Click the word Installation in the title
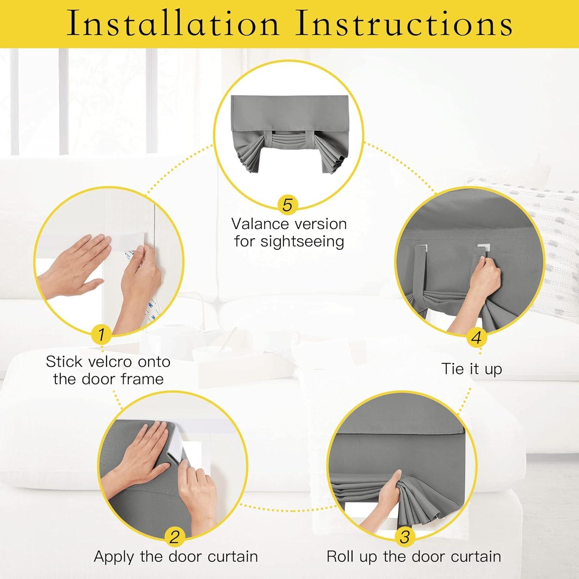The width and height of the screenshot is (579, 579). pyautogui.click(x=173, y=23)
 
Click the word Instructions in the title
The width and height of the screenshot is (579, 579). pyautogui.click(x=404, y=23)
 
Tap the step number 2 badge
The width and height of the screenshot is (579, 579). pyautogui.click(x=175, y=537)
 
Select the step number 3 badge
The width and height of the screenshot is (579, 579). pyautogui.click(x=405, y=537)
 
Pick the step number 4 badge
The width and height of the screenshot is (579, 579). pyautogui.click(x=476, y=338)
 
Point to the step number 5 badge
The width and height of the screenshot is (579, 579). pyautogui.click(x=288, y=205)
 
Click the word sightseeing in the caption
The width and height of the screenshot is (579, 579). pyautogui.click(x=302, y=242)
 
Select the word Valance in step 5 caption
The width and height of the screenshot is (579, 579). pyautogui.click(x=259, y=224)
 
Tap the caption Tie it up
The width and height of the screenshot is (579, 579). pyautogui.click(x=472, y=369)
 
